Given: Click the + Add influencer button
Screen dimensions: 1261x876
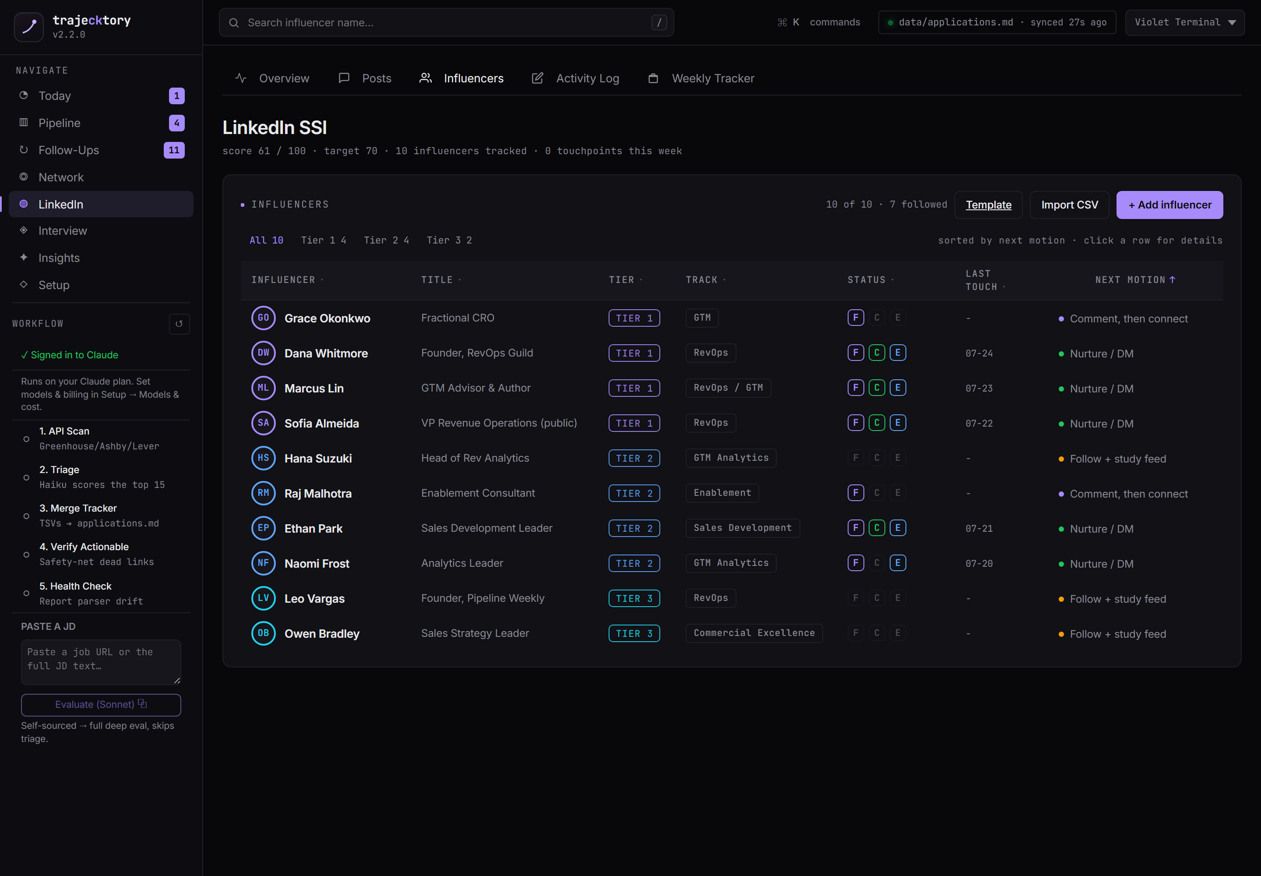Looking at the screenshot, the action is (1169, 205).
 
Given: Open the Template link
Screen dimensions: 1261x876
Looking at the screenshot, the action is (988, 205).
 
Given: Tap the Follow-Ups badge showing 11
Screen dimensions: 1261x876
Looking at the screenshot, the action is (174, 150).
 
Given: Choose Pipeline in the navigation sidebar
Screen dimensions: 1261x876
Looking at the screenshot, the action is (59, 123).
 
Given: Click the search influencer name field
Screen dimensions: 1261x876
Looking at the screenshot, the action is (446, 22).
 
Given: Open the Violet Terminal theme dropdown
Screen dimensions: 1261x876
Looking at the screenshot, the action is (1185, 22).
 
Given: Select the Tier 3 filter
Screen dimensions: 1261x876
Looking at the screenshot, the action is (449, 240).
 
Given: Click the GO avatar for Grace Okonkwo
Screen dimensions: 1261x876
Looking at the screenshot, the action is (264, 318).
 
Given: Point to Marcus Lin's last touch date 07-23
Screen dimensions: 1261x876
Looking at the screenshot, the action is (979, 389).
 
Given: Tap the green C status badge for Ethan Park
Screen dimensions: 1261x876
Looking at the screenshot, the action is (876, 528).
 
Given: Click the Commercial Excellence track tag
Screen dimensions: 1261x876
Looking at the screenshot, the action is (754, 633).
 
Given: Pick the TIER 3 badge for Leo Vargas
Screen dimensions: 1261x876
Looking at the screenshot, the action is (634, 598).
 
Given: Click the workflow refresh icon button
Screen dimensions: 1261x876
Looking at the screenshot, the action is (179, 324).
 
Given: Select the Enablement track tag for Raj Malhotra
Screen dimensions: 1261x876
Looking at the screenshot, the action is (722, 493).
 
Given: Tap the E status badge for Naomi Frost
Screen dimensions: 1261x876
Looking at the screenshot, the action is (897, 563).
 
